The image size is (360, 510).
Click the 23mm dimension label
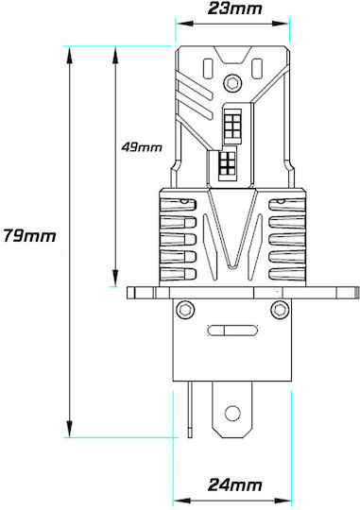click(234, 8)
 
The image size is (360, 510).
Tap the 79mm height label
click(29, 235)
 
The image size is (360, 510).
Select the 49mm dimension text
click(142, 147)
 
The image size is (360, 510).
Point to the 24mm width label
click(234, 484)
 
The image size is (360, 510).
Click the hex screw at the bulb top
click(232, 83)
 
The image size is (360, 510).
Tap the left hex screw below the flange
click(185, 309)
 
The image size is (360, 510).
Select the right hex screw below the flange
click(280, 309)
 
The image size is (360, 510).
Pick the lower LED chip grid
click(226, 164)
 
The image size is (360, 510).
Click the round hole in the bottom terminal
click(232, 414)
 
